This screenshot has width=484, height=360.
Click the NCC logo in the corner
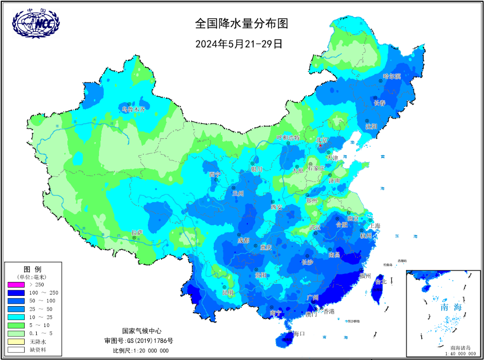36,23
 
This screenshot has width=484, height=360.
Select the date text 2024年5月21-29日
239,44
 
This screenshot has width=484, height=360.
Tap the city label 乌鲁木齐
133,110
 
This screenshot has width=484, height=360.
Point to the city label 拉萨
137,232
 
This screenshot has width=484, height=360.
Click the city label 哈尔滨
391,76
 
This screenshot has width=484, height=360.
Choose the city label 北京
322,140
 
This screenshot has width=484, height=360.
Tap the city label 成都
243,241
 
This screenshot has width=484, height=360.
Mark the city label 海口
298,334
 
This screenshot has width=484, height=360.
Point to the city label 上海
375,226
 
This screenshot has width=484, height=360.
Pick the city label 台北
380,281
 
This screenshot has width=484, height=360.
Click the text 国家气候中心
142,331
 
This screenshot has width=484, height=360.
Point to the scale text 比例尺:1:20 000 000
141,350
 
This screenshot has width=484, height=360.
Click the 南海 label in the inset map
451,308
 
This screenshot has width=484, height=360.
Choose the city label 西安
276,207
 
